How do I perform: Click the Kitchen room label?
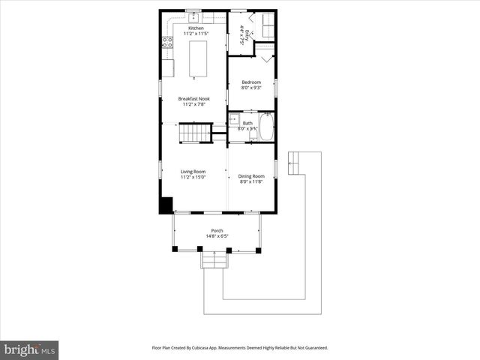[x=195, y=28]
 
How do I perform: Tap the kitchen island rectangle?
[x=197, y=59]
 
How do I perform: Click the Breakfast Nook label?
[x=193, y=99]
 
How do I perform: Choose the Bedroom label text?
[x=250, y=82]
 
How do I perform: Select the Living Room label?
[x=193, y=172]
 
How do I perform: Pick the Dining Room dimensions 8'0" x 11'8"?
[x=252, y=181]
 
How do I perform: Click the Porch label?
[x=217, y=230]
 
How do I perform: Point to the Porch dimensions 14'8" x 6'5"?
[x=217, y=236]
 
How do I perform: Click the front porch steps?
[x=214, y=259]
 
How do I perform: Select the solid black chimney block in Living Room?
[x=166, y=205]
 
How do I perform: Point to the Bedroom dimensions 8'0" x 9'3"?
[x=250, y=88]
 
